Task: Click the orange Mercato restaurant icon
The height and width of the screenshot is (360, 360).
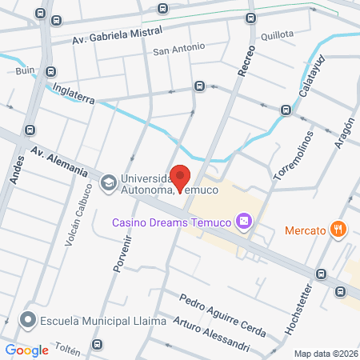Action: [339, 230]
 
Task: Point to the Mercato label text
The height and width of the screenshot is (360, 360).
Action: [305, 231]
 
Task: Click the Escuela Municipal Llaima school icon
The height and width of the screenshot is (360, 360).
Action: [29, 321]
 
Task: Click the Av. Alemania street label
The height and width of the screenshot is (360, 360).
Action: [58, 160]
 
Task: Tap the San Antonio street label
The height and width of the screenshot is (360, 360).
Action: [179, 50]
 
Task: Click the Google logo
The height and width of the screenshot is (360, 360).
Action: [27, 350]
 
